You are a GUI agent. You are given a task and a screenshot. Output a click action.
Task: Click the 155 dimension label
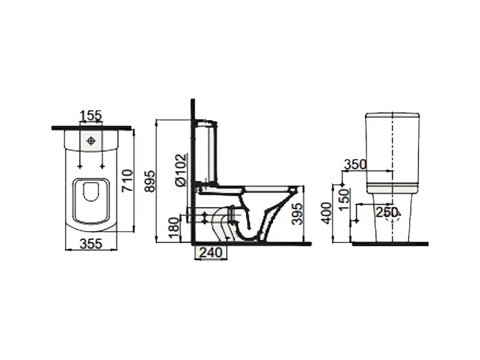(91, 116)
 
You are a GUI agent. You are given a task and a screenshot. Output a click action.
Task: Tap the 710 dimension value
(128, 181)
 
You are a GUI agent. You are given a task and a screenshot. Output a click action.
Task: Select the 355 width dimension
(91, 244)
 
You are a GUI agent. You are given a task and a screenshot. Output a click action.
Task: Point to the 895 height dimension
(150, 182)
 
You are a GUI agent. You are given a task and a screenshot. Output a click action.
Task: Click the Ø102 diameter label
(181, 170)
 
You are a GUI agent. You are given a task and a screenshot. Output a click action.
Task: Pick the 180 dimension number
(174, 228)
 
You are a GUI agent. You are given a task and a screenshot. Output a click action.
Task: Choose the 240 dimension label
(211, 253)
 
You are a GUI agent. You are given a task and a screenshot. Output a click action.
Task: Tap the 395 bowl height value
(297, 214)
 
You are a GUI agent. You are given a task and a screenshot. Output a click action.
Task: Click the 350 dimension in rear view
(355, 164)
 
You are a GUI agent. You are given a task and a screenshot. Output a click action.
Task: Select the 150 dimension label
(344, 200)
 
